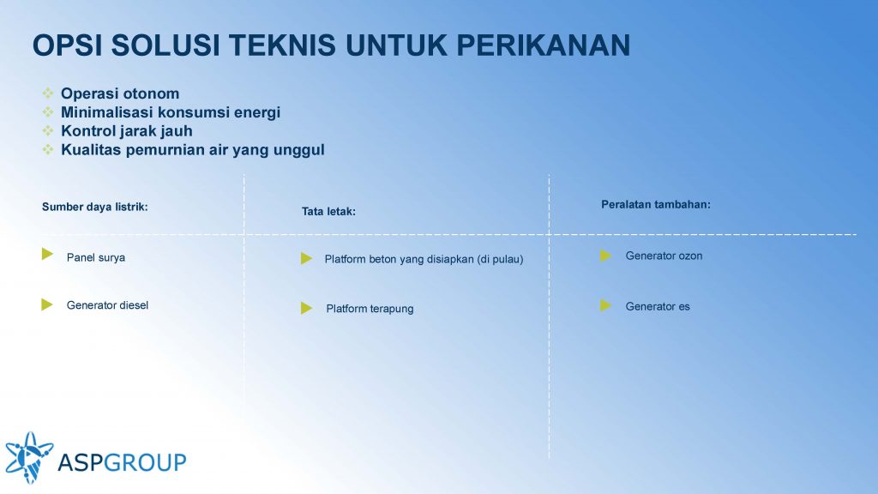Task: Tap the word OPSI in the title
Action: point(67,45)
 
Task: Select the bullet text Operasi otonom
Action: point(120,93)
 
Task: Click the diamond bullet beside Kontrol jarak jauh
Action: point(48,130)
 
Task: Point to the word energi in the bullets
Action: point(257,113)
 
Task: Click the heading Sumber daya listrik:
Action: point(94,207)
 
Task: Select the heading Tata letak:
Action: point(328,211)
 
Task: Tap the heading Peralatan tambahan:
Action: point(656,204)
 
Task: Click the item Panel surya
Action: point(96,257)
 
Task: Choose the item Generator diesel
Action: point(107,305)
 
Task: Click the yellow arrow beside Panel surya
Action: point(48,254)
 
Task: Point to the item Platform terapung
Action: point(370,309)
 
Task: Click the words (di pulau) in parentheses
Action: point(500,259)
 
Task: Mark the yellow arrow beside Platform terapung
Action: point(306,308)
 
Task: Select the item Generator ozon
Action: point(664,256)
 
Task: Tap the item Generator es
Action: point(658,306)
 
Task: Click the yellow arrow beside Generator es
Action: point(605,305)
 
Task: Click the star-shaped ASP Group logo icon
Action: point(29,457)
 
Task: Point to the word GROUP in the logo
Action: point(145,462)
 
